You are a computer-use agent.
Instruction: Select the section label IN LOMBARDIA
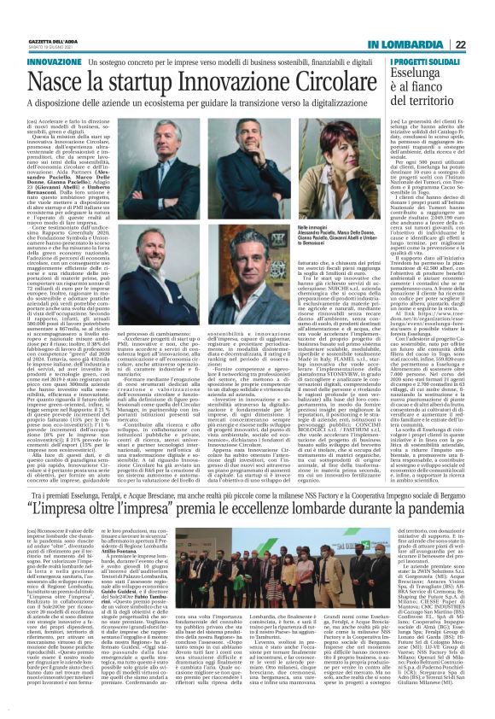point(410,44)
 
